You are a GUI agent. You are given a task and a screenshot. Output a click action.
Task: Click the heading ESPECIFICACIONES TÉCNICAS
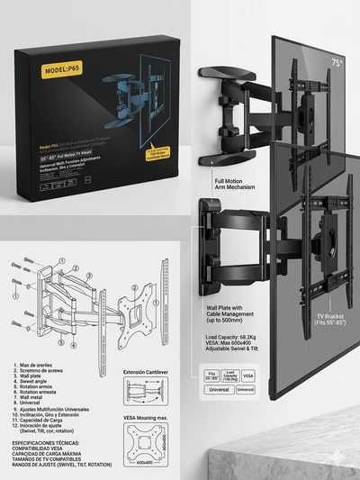(54, 443)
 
